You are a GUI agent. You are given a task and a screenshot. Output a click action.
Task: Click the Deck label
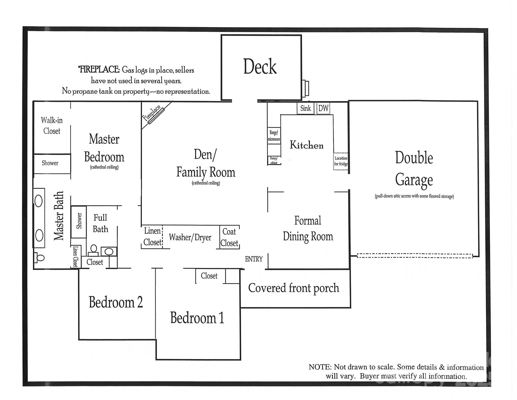[x=260, y=67]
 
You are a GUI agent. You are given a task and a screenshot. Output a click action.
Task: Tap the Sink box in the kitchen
[x=305, y=108]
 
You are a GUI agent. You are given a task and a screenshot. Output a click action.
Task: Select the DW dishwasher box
[x=323, y=108]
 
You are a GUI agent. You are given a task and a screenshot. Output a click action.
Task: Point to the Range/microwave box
[x=274, y=136]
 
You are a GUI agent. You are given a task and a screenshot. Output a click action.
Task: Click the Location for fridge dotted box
[x=341, y=161]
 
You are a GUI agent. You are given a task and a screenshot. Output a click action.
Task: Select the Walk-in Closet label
[x=52, y=126]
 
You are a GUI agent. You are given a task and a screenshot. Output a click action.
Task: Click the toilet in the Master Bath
[x=39, y=258]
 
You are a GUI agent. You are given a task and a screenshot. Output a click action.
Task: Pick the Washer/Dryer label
[x=190, y=237]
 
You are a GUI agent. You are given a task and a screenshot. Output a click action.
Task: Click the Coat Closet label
[x=229, y=237]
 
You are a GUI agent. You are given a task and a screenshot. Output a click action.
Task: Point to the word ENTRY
[x=254, y=259]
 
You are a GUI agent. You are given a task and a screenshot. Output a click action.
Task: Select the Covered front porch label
[x=294, y=288]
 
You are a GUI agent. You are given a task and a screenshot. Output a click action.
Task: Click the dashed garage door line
[x=415, y=256]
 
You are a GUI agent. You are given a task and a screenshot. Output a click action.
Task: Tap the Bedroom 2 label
[x=116, y=302]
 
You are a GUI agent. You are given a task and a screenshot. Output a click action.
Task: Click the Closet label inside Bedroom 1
[x=209, y=276]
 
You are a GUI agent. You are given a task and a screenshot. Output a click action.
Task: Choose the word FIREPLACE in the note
[x=99, y=70]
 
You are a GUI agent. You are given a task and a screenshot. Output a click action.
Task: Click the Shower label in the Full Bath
[x=79, y=221]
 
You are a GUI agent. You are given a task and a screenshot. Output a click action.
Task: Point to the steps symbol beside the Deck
[x=305, y=88]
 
